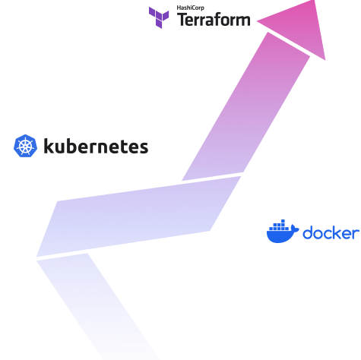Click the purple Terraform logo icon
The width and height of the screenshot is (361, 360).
click(159, 17)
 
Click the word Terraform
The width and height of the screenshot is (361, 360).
click(214, 20)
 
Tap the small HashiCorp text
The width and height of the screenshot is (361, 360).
click(190, 8)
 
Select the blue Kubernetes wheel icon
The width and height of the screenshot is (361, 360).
click(25, 146)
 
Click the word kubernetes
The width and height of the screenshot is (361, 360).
click(96, 146)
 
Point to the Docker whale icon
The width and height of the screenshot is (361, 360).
click(283, 231)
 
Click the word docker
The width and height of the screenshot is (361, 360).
click(331, 232)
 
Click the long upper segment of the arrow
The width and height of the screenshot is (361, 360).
click(245, 106)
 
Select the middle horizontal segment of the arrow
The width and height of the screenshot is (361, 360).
click(138, 216)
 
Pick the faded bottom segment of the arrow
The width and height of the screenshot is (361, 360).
click(97, 306)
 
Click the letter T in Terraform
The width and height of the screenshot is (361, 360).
click(182, 20)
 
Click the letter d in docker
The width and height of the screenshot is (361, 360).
click(308, 232)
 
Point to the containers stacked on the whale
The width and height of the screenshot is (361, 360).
click(279, 226)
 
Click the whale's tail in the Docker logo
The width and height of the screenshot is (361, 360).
click(294, 229)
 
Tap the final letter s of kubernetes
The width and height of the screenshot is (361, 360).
click(144, 147)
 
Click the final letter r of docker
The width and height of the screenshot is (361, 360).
click(356, 234)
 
